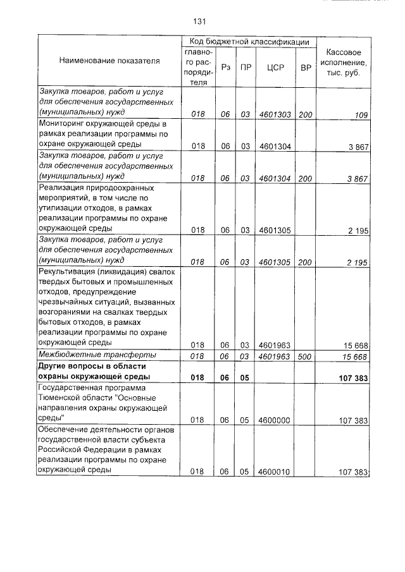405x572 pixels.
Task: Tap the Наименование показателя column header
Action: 109,61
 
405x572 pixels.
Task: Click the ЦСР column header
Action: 275,67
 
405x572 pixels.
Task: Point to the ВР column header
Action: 305,67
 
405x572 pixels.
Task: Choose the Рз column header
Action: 227,67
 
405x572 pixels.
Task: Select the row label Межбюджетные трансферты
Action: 92,356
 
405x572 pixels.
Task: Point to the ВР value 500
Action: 305,356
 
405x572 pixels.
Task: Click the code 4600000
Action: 275,420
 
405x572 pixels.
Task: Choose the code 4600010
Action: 275,472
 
